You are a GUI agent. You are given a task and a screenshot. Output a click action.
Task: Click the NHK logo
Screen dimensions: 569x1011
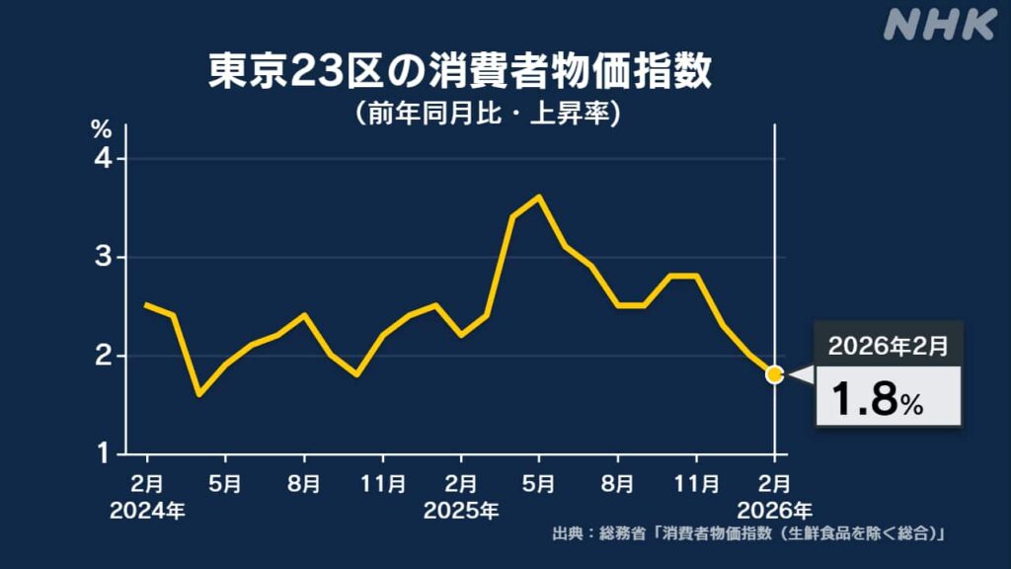[939, 26]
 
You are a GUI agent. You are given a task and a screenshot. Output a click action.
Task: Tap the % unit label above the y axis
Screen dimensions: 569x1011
[103, 128]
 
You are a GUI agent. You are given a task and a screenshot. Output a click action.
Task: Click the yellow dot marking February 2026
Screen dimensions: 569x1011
[774, 374]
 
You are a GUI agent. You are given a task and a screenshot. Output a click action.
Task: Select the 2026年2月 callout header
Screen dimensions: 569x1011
[888, 347]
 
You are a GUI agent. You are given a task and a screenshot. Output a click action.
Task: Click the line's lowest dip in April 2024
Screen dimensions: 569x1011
[199, 394]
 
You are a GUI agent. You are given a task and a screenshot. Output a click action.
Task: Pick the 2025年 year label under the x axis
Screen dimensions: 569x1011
[461, 511]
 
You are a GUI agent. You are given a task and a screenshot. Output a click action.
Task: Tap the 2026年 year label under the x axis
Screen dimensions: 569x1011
[776, 511]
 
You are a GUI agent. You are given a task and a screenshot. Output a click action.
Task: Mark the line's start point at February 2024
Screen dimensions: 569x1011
[147, 305]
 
